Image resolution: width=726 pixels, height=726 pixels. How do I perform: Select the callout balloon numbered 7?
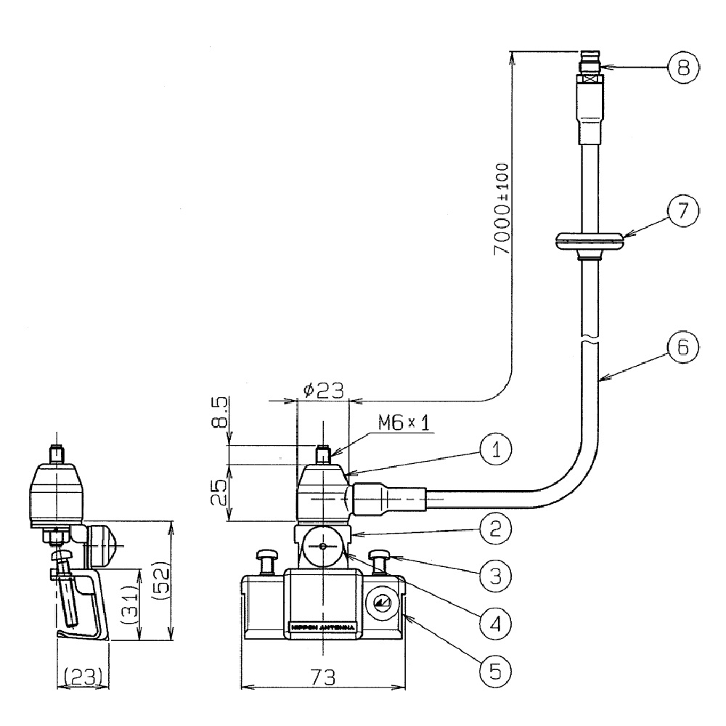683,213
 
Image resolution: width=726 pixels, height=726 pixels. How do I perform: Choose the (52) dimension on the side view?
161,581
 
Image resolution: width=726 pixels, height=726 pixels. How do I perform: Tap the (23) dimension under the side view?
83,677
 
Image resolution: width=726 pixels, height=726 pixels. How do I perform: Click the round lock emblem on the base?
380,603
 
